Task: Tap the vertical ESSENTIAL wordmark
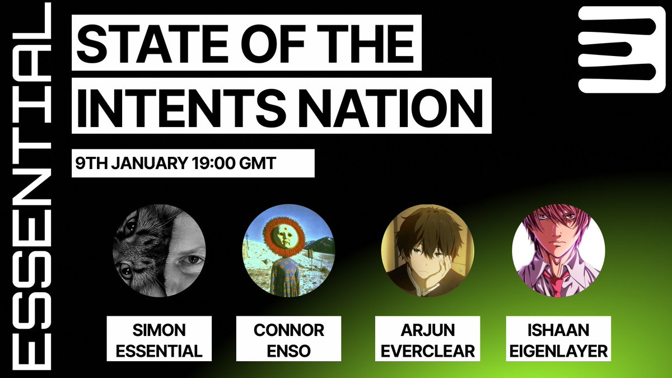point(31,186)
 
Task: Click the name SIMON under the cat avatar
point(159,330)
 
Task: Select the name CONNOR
point(288,330)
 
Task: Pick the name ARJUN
point(427,330)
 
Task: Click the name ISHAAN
point(558,330)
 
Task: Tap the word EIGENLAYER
point(558,351)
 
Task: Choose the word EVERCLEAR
point(427,351)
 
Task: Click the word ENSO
point(288,351)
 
